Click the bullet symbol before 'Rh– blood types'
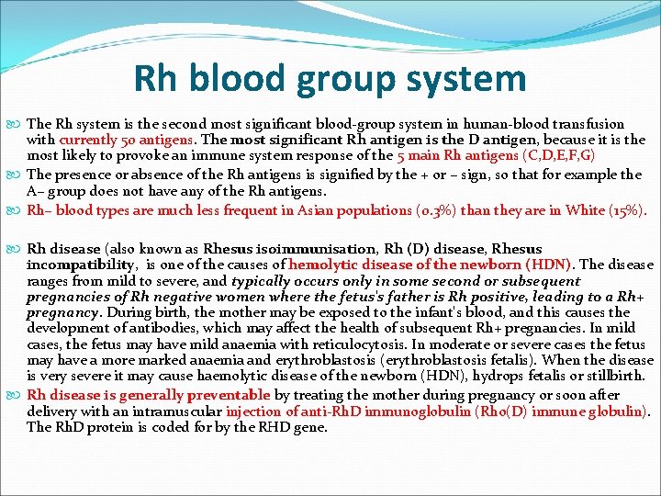click(x=17, y=210)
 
